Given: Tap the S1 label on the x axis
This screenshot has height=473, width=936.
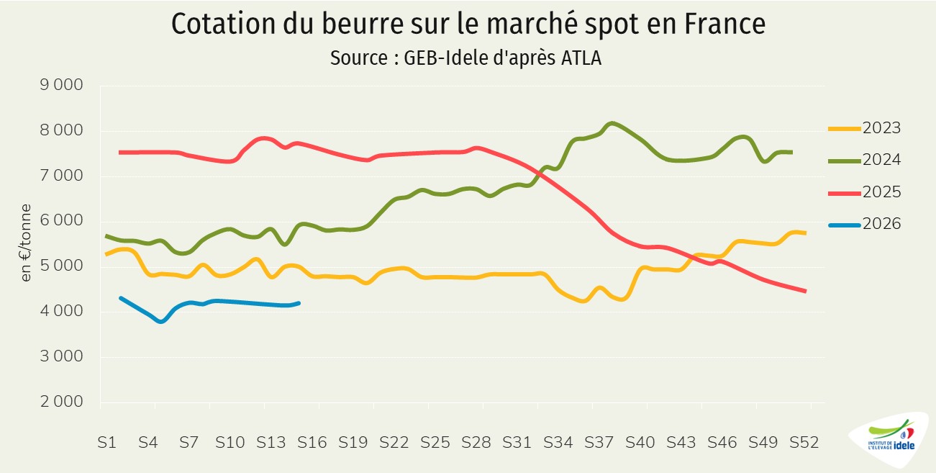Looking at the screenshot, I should click(x=106, y=443).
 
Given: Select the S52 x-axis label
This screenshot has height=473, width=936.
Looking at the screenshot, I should click(x=804, y=443).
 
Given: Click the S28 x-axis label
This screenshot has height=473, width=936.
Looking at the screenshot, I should click(x=476, y=443).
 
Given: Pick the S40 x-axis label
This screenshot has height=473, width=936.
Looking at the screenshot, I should click(x=640, y=443).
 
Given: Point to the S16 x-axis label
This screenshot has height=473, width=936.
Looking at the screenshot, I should click(x=312, y=443).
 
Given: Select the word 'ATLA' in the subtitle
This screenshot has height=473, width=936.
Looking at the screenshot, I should click(x=580, y=58).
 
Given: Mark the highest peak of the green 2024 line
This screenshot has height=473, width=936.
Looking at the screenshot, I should click(x=612, y=123).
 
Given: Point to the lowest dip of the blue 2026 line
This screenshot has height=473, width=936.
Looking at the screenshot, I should click(x=160, y=321).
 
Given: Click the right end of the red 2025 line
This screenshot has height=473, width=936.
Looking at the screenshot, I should click(x=805, y=291).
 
